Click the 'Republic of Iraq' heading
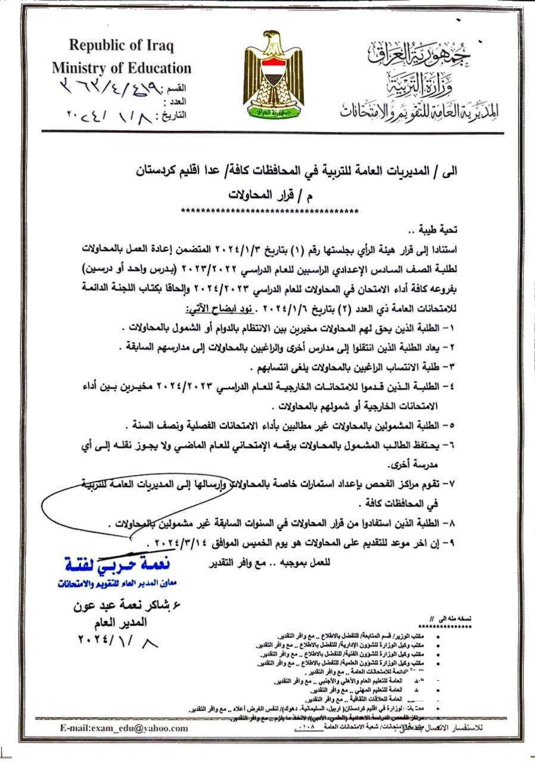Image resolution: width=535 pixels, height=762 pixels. click(x=121, y=45)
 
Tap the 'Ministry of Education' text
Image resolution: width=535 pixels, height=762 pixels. click(x=122, y=68)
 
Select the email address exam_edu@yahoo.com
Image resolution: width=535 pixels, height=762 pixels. click(x=124, y=728)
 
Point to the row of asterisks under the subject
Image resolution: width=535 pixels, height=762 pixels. click(x=269, y=210)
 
